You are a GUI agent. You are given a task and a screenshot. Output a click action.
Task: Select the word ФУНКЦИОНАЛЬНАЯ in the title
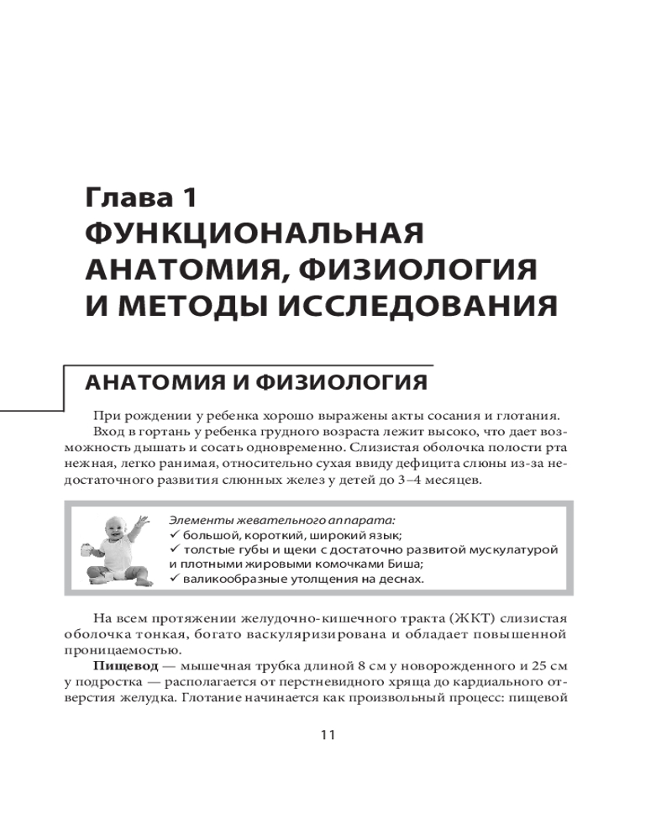pyautogui.click(x=254, y=234)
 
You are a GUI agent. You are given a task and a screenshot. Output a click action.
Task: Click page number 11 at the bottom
pyautogui.click(x=328, y=735)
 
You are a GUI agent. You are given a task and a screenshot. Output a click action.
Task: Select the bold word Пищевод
pyautogui.click(x=119, y=664)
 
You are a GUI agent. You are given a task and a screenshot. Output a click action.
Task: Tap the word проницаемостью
pyautogui.click(x=116, y=649)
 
